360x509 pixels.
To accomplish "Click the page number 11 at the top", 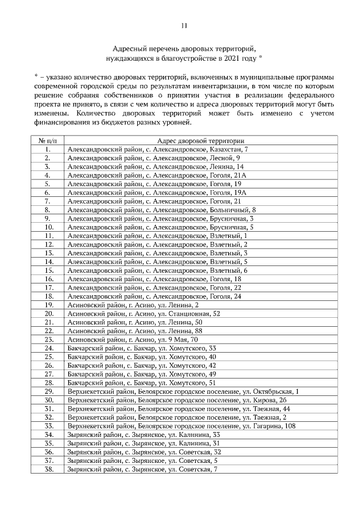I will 184,25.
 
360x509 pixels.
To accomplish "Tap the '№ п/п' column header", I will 48,141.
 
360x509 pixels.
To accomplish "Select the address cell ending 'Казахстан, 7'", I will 157,149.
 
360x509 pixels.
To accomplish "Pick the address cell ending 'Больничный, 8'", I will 161,210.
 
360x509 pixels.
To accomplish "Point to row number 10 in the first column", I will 48,227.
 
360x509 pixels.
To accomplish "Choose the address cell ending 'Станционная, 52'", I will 143,313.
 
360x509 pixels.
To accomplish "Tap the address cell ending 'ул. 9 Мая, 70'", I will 132,340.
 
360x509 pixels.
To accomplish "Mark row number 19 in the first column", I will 48,305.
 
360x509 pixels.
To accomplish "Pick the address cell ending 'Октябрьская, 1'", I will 183,391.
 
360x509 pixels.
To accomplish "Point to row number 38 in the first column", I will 48,469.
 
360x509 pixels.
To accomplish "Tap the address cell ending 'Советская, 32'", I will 143,452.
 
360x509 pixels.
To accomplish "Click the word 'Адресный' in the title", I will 127,48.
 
